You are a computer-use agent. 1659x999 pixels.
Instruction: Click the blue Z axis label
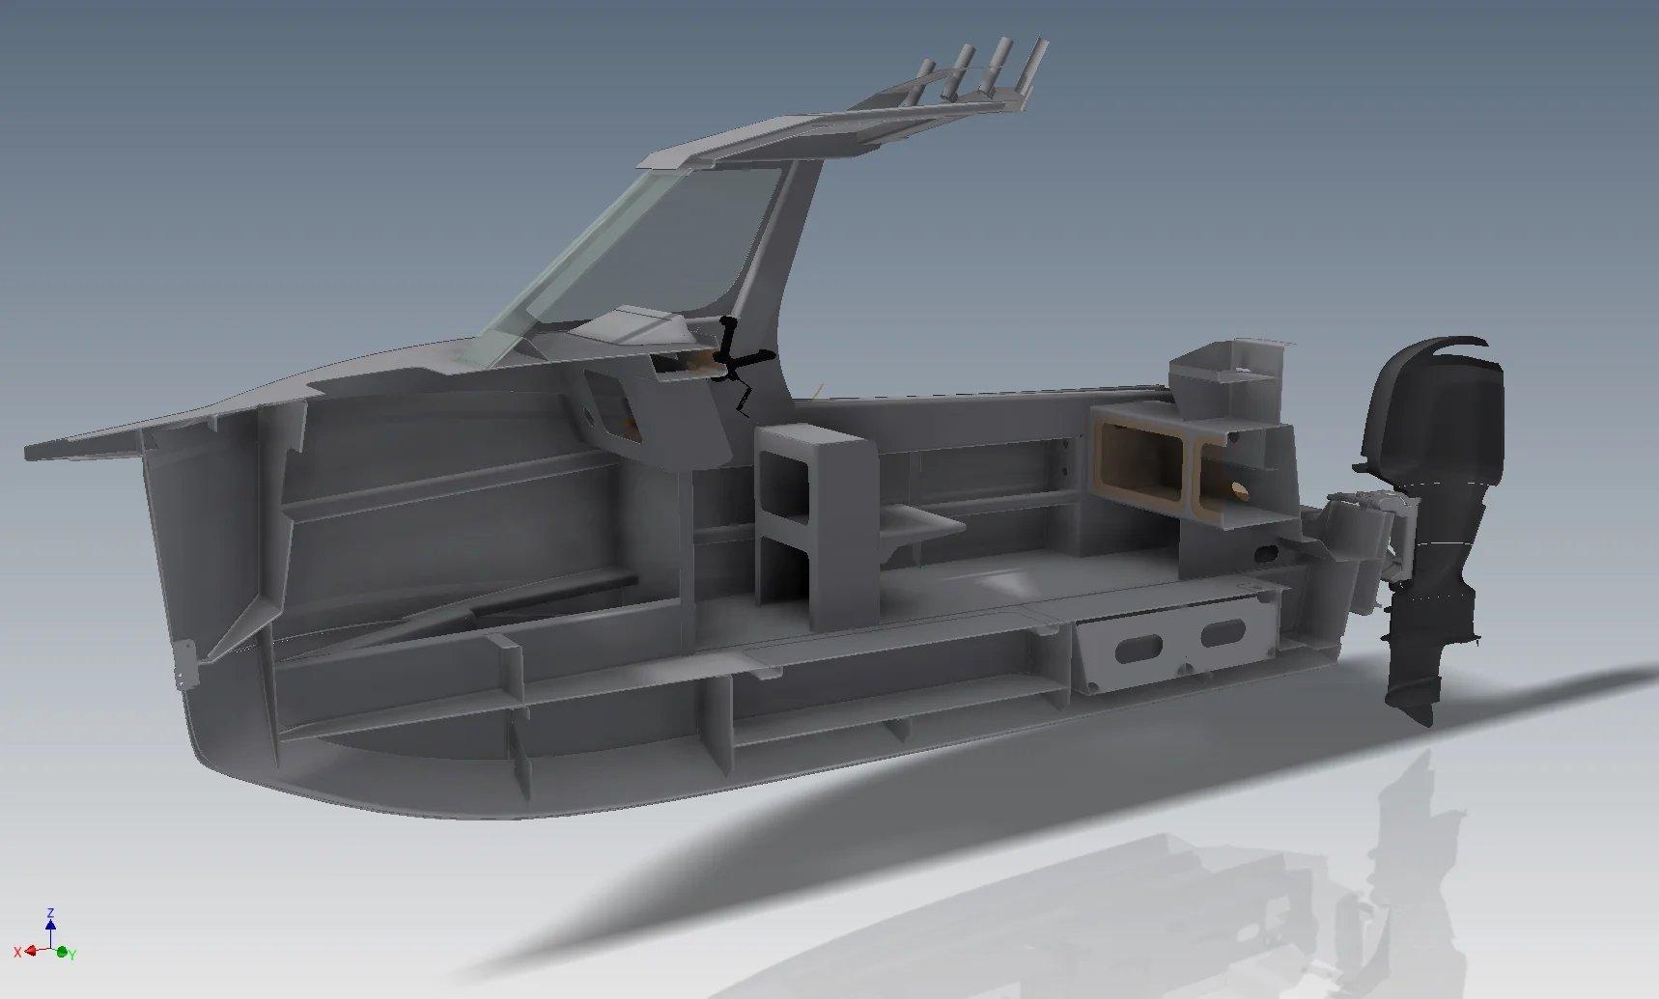click(x=50, y=912)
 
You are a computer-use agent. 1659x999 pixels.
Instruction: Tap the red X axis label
click(x=17, y=952)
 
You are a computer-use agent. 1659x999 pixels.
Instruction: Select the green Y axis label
click(x=72, y=955)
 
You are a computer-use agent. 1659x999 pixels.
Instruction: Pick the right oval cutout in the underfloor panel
click(x=1223, y=633)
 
